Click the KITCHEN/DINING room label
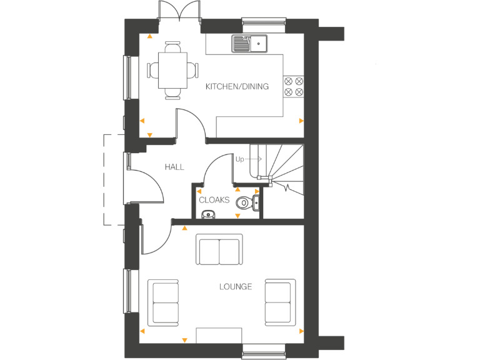coord(237,87)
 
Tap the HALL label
coord(174,167)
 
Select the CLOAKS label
coord(214,201)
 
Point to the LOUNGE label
coord(236,287)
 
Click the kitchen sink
coord(249,43)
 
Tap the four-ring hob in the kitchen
coord(293,86)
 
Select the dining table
coord(173,70)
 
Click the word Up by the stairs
coord(239,159)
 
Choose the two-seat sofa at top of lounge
coord(219,250)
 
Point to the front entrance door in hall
coord(145,186)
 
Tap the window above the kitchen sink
coord(263,22)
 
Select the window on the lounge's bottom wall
coord(263,351)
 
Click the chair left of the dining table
coord(152,69)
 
